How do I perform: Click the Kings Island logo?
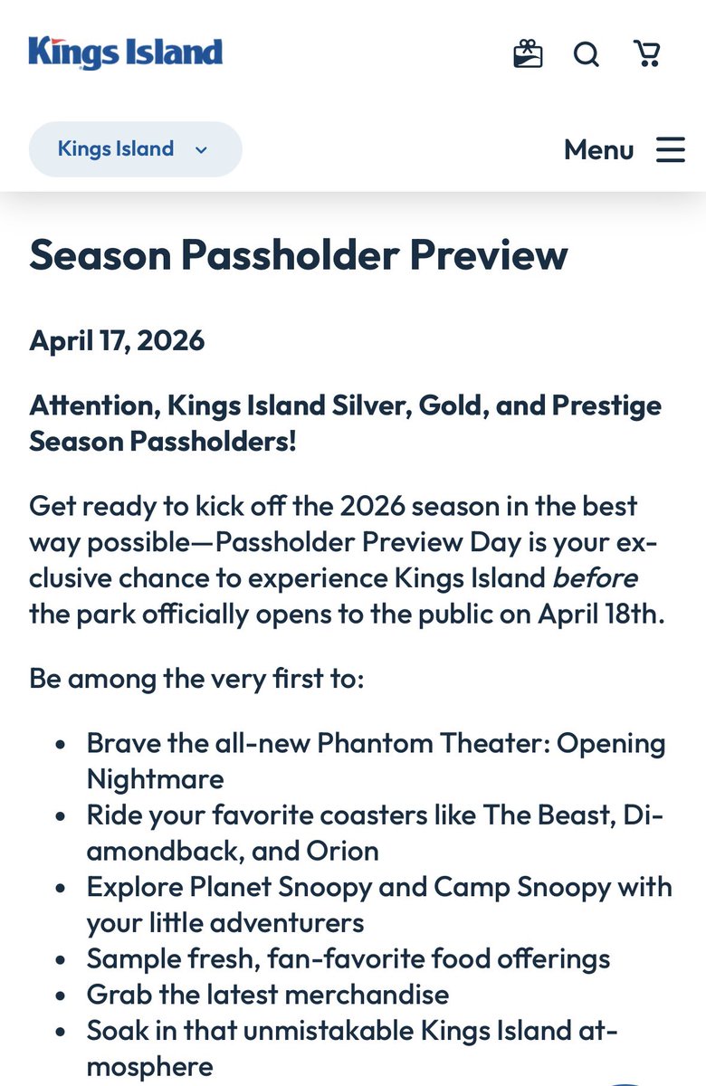click(125, 52)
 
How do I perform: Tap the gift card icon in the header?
click(528, 54)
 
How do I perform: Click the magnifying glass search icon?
click(587, 54)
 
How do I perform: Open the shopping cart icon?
click(646, 54)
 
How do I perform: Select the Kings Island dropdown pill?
click(135, 149)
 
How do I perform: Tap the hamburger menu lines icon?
click(671, 149)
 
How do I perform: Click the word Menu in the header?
click(598, 149)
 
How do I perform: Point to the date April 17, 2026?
click(117, 340)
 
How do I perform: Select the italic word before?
click(595, 577)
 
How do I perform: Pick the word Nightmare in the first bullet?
click(155, 779)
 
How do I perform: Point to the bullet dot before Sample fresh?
click(60, 959)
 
